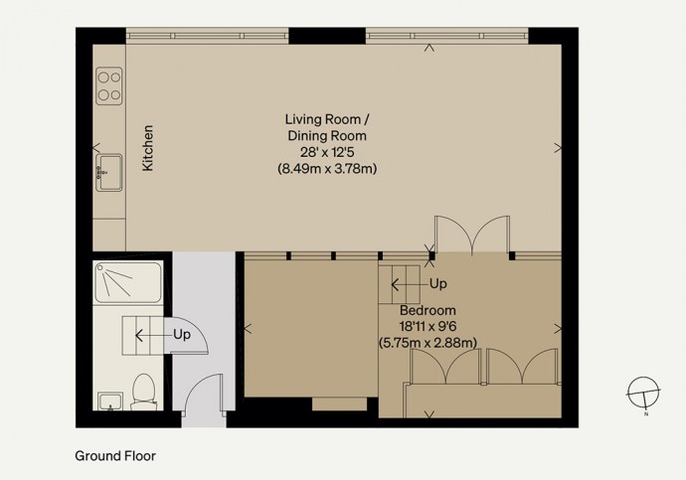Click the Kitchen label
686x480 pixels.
tap(148, 148)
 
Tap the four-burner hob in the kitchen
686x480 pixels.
tap(109, 85)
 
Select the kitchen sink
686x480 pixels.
tap(109, 172)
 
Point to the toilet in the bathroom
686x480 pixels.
tap(143, 392)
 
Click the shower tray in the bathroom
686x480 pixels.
tap(128, 282)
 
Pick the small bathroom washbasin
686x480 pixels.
tap(110, 401)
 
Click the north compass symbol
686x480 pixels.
tap(643, 393)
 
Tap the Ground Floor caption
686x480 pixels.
tap(115, 456)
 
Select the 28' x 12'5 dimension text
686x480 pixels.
tap(327, 152)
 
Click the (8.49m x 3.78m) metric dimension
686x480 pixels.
tap(327, 169)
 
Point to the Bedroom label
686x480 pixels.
tap(428, 310)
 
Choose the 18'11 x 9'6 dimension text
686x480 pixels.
tap(428, 326)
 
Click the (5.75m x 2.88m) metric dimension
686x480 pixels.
tap(428, 342)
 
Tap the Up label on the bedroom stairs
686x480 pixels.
tap(437, 284)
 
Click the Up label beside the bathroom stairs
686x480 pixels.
tap(182, 335)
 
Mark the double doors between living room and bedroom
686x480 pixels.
tap(472, 236)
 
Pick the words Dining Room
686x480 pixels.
tap(327, 135)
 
